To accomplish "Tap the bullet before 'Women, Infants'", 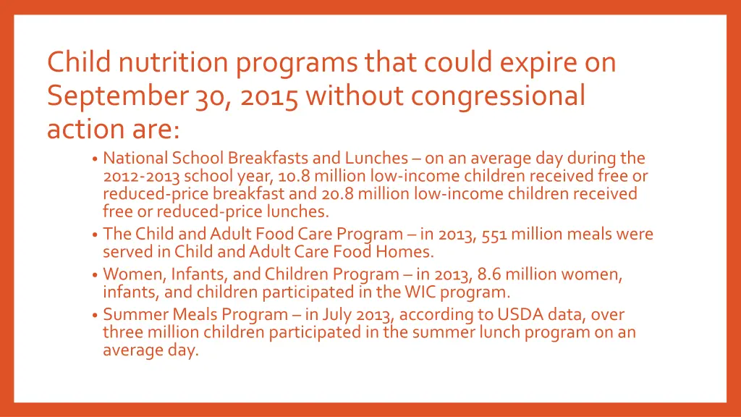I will [x=96, y=276].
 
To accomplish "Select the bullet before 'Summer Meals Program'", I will [x=96, y=316].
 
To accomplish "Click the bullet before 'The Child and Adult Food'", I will [x=96, y=235].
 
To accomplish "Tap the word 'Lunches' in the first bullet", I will [x=376, y=158].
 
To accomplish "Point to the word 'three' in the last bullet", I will [x=124, y=333].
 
